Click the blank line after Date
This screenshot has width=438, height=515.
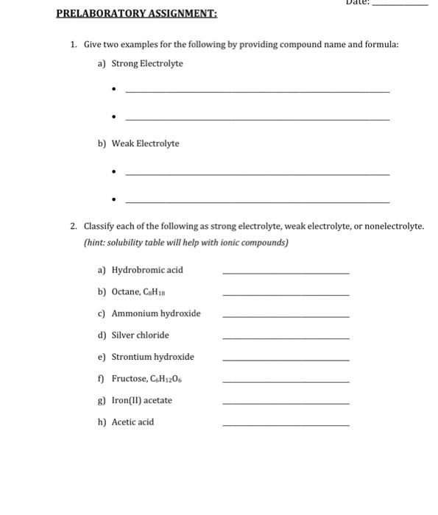(400, 5)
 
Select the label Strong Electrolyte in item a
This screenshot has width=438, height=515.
(147, 64)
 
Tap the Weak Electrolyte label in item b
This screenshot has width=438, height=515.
(145, 143)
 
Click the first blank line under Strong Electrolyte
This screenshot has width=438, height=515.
(258, 91)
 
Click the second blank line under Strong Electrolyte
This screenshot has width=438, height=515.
(258, 119)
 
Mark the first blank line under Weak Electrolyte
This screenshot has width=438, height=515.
(258, 174)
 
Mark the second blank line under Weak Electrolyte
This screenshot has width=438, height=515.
(258, 202)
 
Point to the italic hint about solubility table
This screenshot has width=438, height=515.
(186, 243)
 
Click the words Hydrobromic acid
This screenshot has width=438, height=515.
(147, 270)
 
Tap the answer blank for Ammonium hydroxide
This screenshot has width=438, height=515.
(286, 317)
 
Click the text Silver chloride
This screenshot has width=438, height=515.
(140, 335)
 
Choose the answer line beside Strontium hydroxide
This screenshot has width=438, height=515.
(286, 360)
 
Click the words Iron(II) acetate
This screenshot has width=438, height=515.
(141, 401)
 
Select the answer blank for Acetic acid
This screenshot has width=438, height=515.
(286, 425)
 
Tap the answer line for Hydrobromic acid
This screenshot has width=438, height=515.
(286, 274)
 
